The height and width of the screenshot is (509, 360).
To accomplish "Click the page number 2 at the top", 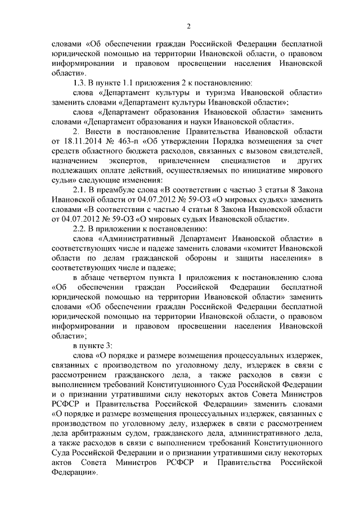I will click(x=190, y=26).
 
